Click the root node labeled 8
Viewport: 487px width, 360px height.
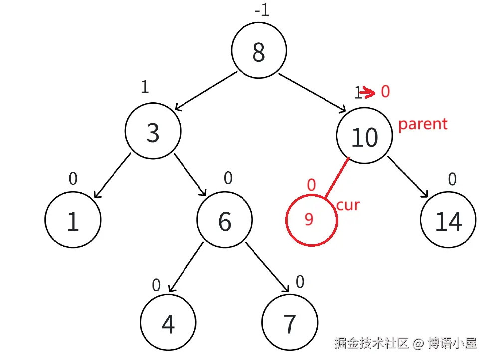[258, 51]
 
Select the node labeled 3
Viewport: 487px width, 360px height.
[153, 132]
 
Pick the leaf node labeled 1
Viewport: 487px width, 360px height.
[73, 220]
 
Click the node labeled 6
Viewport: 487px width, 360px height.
[225, 220]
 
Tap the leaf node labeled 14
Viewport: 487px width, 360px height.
[448, 221]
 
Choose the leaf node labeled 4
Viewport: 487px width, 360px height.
[168, 324]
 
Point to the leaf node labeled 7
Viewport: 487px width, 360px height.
[290, 324]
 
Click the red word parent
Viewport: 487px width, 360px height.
[422, 124]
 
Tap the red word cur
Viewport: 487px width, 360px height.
[348, 205]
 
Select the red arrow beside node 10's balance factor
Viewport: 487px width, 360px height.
[367, 92]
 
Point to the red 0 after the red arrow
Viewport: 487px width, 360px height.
[385, 91]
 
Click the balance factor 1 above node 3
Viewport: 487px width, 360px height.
[145, 87]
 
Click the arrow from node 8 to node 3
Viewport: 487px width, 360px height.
[205, 91]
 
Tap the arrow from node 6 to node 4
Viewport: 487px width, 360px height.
[186, 267]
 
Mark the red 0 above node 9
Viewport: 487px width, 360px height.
[311, 186]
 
